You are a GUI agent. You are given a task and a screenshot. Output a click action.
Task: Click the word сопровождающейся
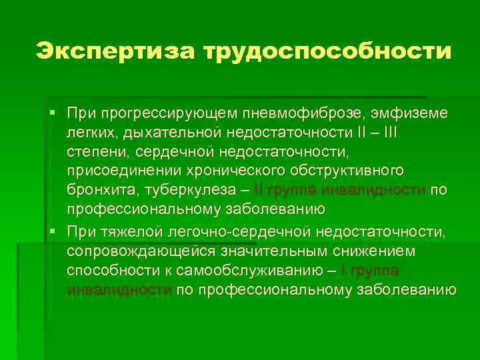coord(133,251)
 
